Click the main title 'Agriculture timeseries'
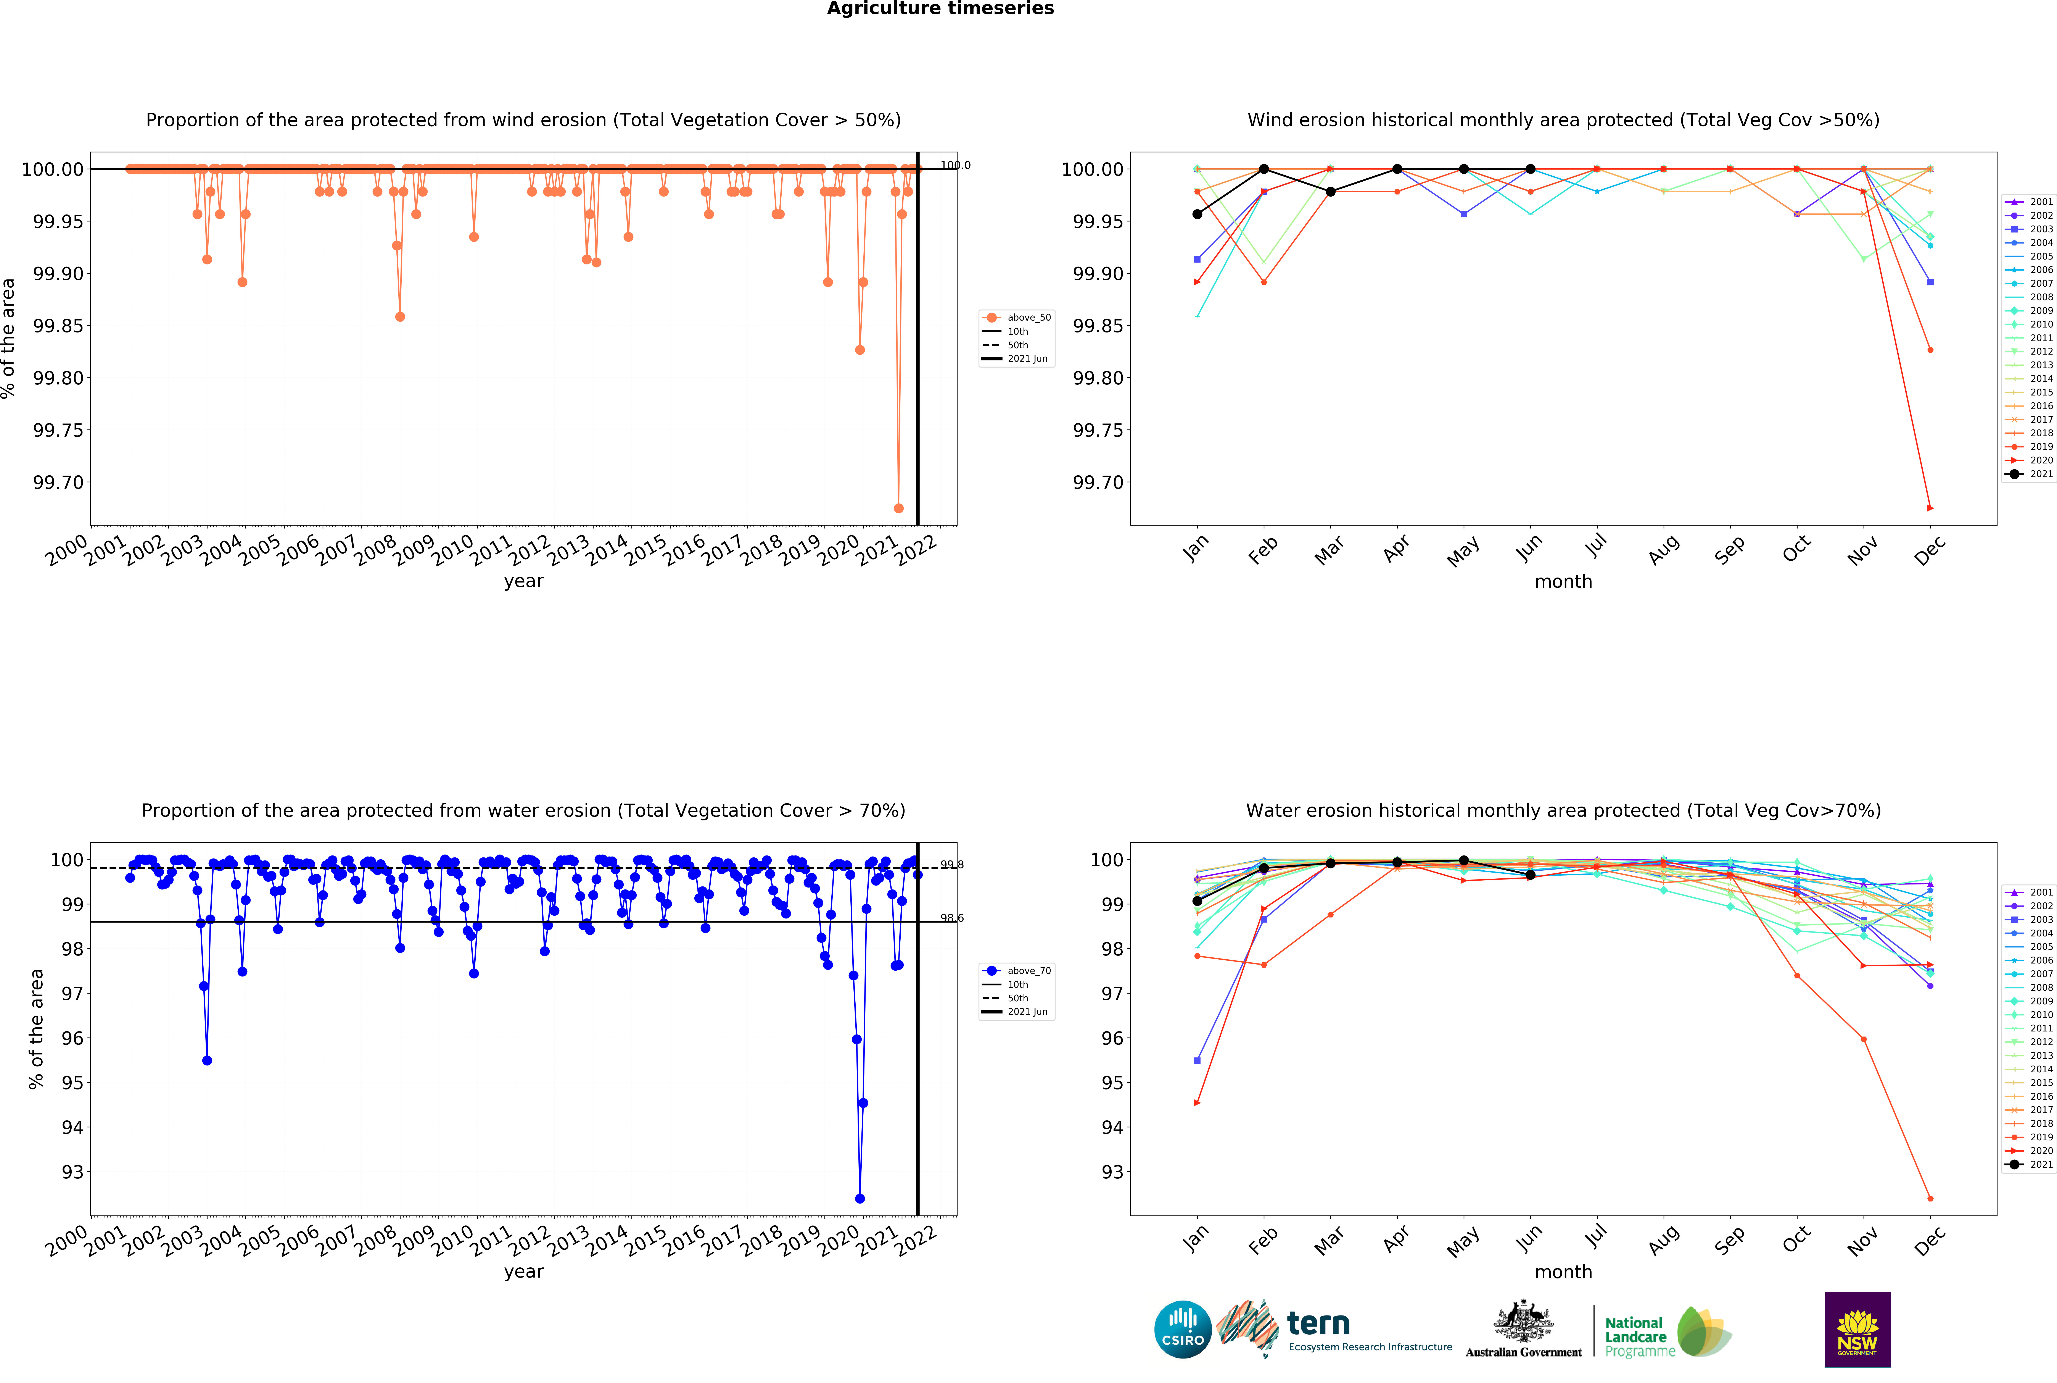(x=940, y=9)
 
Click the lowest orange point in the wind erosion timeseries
(x=898, y=508)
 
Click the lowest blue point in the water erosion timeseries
(x=860, y=1199)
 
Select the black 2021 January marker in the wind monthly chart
(x=1197, y=214)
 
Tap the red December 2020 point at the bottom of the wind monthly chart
(x=1930, y=508)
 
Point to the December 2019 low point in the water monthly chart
(x=1930, y=1199)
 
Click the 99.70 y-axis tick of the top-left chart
(x=58, y=483)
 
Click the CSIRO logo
(x=1182, y=1329)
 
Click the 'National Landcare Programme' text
(x=1638, y=1337)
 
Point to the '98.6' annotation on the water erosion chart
(x=951, y=918)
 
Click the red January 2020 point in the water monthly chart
(x=1197, y=1102)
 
